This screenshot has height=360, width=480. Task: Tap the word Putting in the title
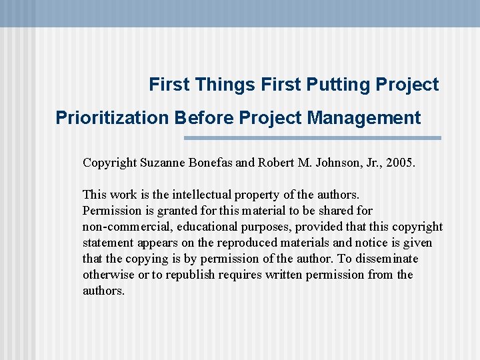click(x=337, y=85)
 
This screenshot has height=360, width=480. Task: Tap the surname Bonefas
click(x=213, y=163)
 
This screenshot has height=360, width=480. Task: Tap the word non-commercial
click(x=124, y=227)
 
